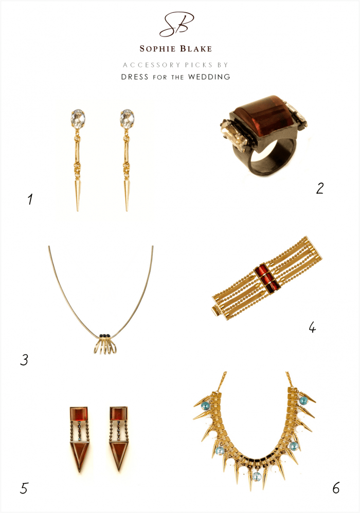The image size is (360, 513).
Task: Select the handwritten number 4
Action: click(312, 326)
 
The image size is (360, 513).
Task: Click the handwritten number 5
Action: click(24, 487)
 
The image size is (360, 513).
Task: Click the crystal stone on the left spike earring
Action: click(78, 119)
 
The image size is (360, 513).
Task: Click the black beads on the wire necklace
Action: click(105, 336)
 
